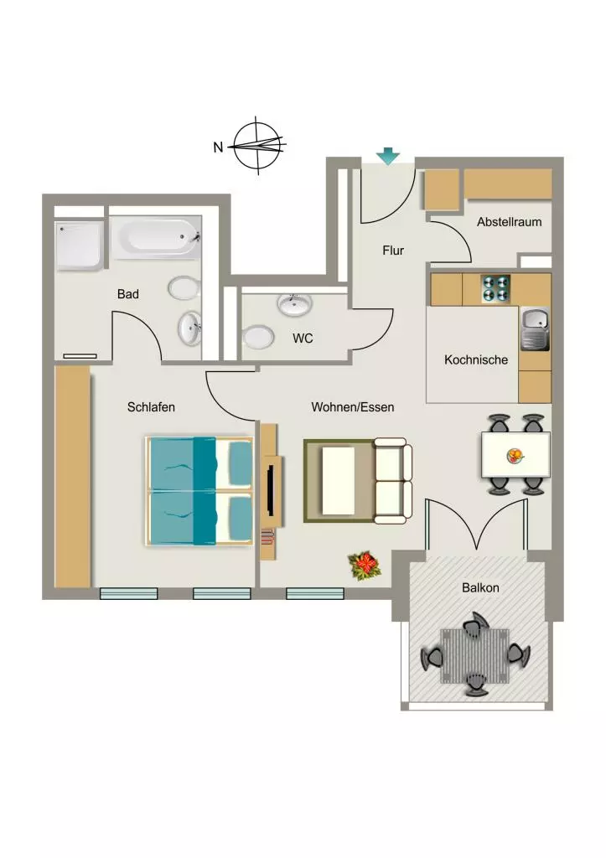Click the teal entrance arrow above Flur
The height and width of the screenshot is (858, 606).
pos(388,156)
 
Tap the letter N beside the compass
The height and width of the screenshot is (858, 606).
pos(219,147)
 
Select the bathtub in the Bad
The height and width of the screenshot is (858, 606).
pos(156,237)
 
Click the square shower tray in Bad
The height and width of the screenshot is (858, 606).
pos(79,246)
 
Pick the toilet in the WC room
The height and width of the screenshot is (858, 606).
pos(258,338)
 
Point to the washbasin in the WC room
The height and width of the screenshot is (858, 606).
pos(295,304)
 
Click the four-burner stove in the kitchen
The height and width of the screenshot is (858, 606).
pos(495,289)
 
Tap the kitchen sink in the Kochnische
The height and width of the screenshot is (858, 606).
pos(534,328)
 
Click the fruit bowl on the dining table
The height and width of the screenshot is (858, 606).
pos(515,455)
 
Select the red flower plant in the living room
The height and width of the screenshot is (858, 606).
pos(365,566)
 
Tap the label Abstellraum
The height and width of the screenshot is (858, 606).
pos(509,222)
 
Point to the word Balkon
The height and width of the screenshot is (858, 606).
pos(480,587)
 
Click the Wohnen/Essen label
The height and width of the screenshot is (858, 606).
pos(353,407)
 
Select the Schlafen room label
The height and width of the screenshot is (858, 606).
pos(151,407)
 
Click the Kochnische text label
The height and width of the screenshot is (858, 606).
pos(476,360)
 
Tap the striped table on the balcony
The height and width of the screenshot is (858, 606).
pos(474,656)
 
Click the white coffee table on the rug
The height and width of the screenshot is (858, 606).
pos(339,480)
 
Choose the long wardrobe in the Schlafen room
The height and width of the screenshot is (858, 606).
pos(72,476)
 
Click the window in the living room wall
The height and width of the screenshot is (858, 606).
pos(315,593)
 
